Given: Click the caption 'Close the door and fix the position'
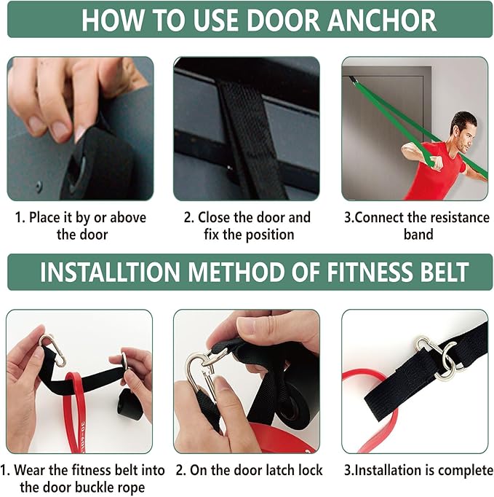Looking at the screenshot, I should click(x=247, y=226).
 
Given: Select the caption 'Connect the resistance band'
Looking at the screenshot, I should click(x=417, y=226).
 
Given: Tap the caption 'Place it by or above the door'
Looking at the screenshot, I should click(x=81, y=226).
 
